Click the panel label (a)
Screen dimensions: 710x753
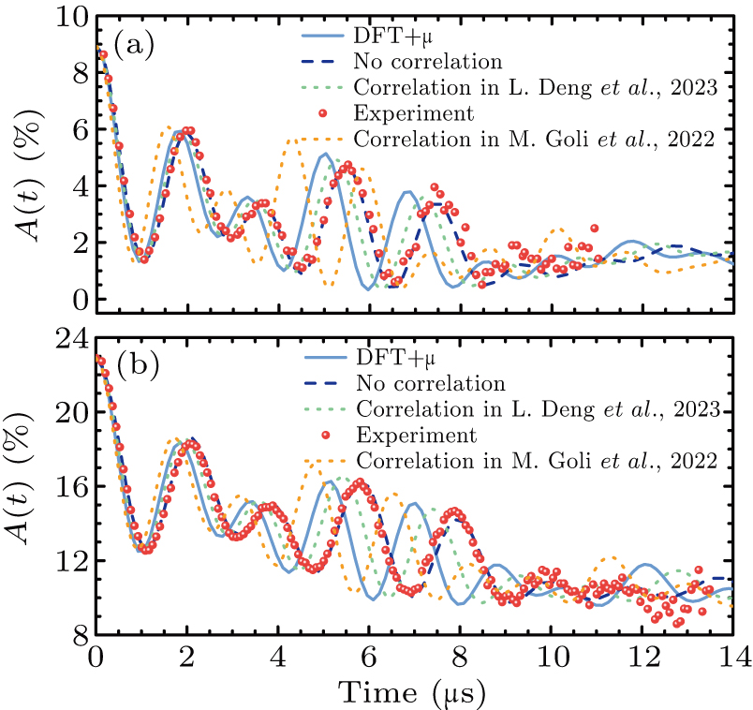(133, 44)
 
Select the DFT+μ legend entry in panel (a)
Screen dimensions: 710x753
(386, 37)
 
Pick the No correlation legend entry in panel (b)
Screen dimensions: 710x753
(430, 383)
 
